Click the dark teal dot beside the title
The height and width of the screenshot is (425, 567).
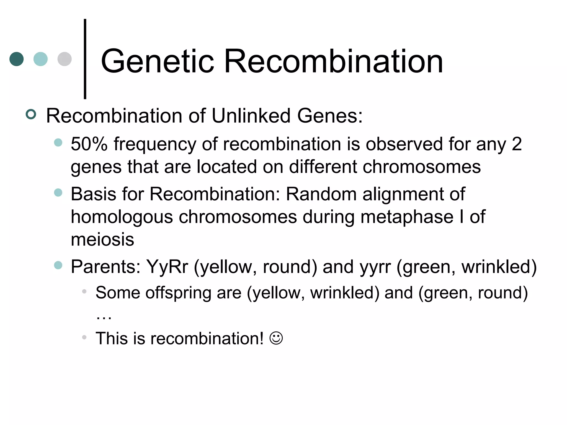17,59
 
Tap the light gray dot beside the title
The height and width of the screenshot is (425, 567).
65,59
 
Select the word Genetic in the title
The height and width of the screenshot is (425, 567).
158,61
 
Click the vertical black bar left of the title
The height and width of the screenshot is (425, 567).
85,59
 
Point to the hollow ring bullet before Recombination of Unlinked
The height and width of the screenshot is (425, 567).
31,115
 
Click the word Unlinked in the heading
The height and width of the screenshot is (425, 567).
251,116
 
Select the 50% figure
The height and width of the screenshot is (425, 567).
89,144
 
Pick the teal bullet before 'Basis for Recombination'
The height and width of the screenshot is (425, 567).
58,193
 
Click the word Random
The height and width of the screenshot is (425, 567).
321,194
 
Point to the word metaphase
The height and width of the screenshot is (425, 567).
407,217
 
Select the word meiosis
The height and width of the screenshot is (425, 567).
102,240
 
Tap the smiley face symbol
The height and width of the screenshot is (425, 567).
276,338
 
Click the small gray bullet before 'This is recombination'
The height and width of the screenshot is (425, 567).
84,337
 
